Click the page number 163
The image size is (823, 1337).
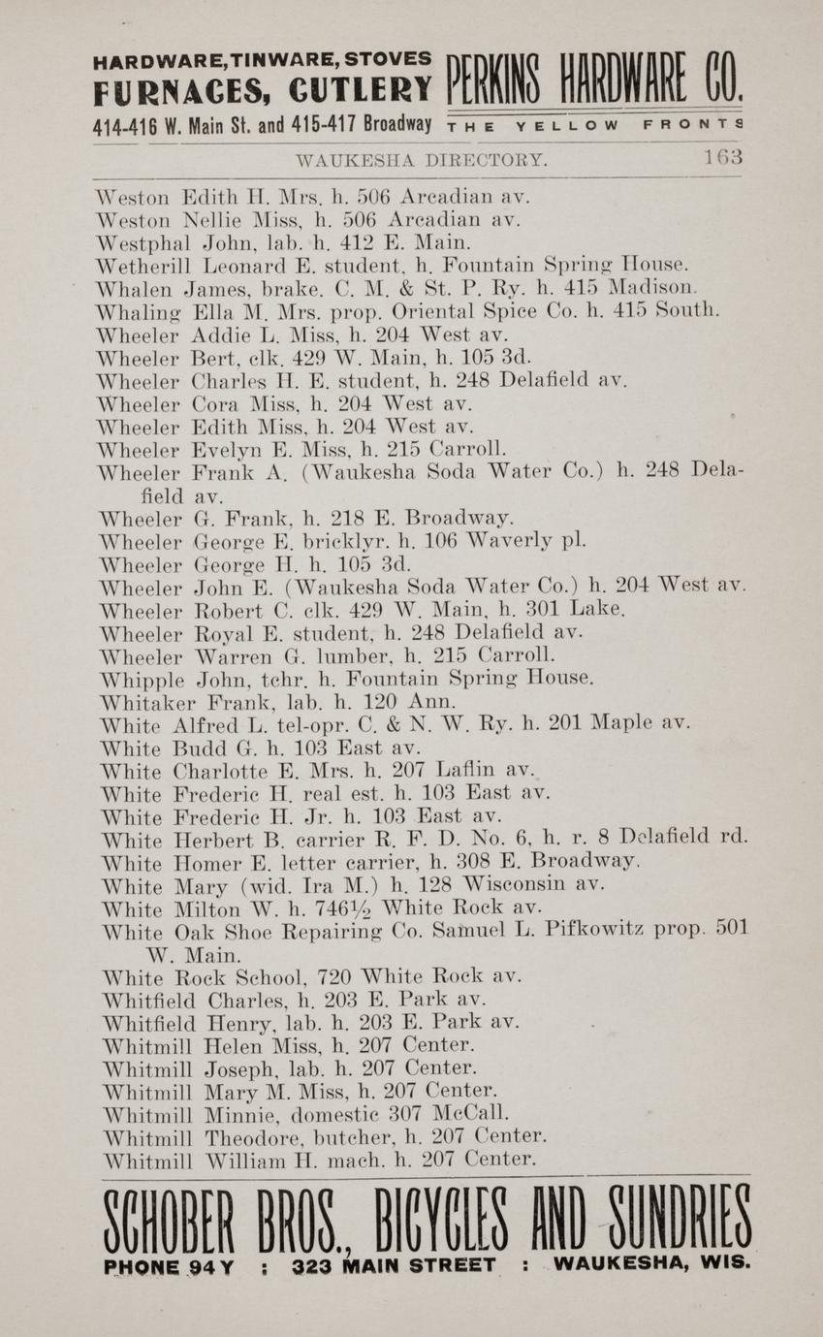pos(723,157)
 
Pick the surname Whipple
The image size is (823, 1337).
pos(141,679)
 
